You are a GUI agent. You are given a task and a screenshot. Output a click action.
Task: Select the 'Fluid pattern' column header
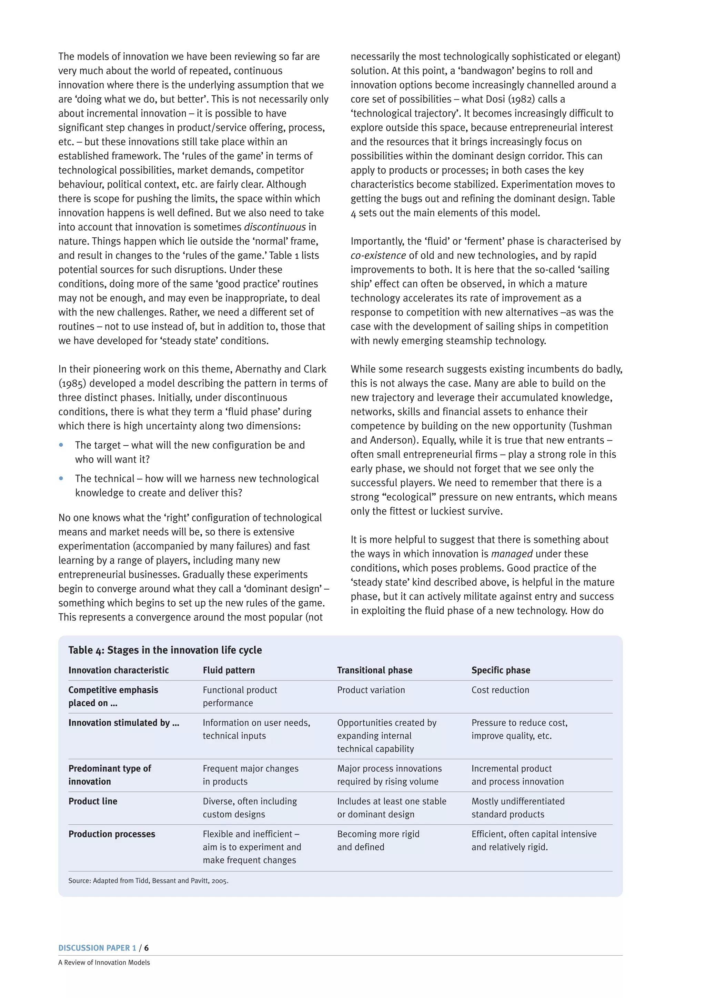coord(229,670)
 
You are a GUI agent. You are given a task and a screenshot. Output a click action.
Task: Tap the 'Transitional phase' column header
coord(374,670)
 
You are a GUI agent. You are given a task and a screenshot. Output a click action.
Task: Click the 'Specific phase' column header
coord(501,670)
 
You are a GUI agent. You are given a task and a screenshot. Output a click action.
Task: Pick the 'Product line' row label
coord(93,801)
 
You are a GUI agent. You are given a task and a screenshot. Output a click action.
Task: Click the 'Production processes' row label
coord(112,834)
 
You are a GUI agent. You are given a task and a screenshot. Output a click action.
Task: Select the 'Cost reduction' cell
coord(500,690)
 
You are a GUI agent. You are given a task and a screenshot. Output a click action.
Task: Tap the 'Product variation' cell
coord(371,690)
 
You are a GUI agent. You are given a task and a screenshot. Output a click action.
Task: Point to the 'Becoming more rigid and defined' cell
coord(378,840)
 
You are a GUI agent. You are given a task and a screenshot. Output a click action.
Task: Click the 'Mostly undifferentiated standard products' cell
coord(518,808)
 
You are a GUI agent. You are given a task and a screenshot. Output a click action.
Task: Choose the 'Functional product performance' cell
coord(240,696)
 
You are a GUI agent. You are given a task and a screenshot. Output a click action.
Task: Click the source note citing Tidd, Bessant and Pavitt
coord(148,881)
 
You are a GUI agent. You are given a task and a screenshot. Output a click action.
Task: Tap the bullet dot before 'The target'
coord(61,445)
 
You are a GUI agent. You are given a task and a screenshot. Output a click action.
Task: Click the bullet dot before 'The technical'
coord(61,478)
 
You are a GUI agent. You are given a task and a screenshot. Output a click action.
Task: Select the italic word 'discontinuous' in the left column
coord(274,227)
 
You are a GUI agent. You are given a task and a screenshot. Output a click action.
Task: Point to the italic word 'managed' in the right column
coord(512,554)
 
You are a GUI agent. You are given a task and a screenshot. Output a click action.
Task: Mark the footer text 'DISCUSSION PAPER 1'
coord(97,948)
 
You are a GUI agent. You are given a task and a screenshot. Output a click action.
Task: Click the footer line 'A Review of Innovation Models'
coord(104,962)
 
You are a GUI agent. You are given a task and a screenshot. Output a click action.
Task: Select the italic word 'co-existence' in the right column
coord(378,256)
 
